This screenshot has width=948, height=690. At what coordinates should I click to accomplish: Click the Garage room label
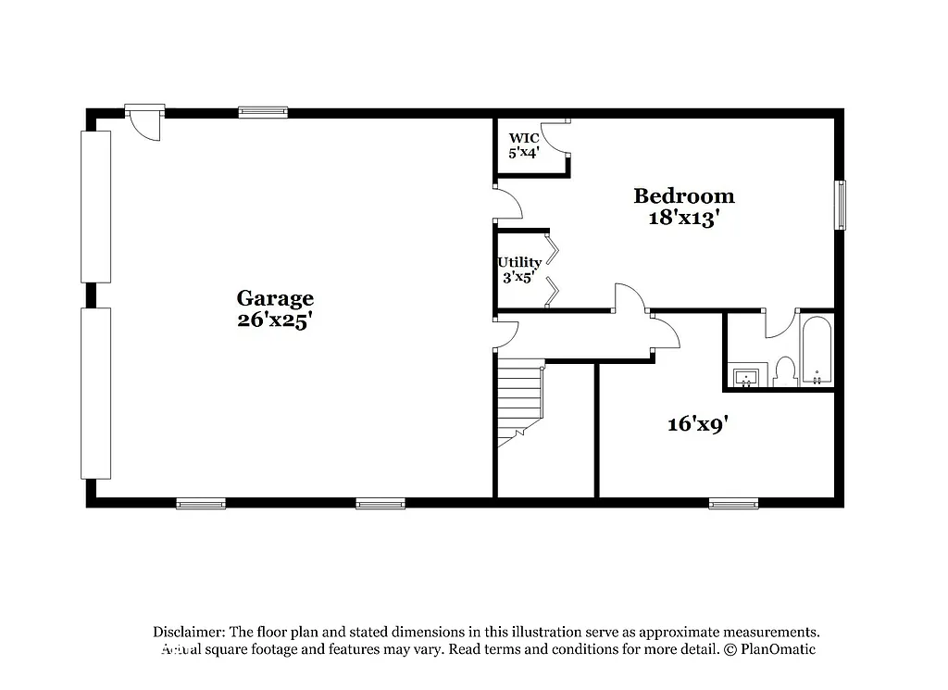(275, 298)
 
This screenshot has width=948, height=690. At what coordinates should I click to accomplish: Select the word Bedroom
(683, 196)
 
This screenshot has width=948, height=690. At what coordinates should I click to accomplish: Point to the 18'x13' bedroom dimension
(683, 220)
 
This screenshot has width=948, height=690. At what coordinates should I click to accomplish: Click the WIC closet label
(523, 138)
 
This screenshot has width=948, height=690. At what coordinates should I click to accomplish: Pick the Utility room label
(519, 262)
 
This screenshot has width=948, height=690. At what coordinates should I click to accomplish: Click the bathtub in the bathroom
(817, 352)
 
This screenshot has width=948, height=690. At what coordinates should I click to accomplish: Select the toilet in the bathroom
(786, 371)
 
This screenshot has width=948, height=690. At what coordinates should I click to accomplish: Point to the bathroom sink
(746, 377)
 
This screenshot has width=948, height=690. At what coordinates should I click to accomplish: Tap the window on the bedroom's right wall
(841, 205)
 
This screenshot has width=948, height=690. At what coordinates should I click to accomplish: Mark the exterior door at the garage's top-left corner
(145, 122)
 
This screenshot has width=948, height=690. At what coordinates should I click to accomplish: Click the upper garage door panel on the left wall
(95, 207)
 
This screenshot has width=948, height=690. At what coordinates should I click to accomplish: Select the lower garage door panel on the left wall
(95, 393)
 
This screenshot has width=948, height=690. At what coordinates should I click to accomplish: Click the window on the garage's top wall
(263, 113)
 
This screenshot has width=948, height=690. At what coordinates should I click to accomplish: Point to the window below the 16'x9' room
(733, 504)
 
